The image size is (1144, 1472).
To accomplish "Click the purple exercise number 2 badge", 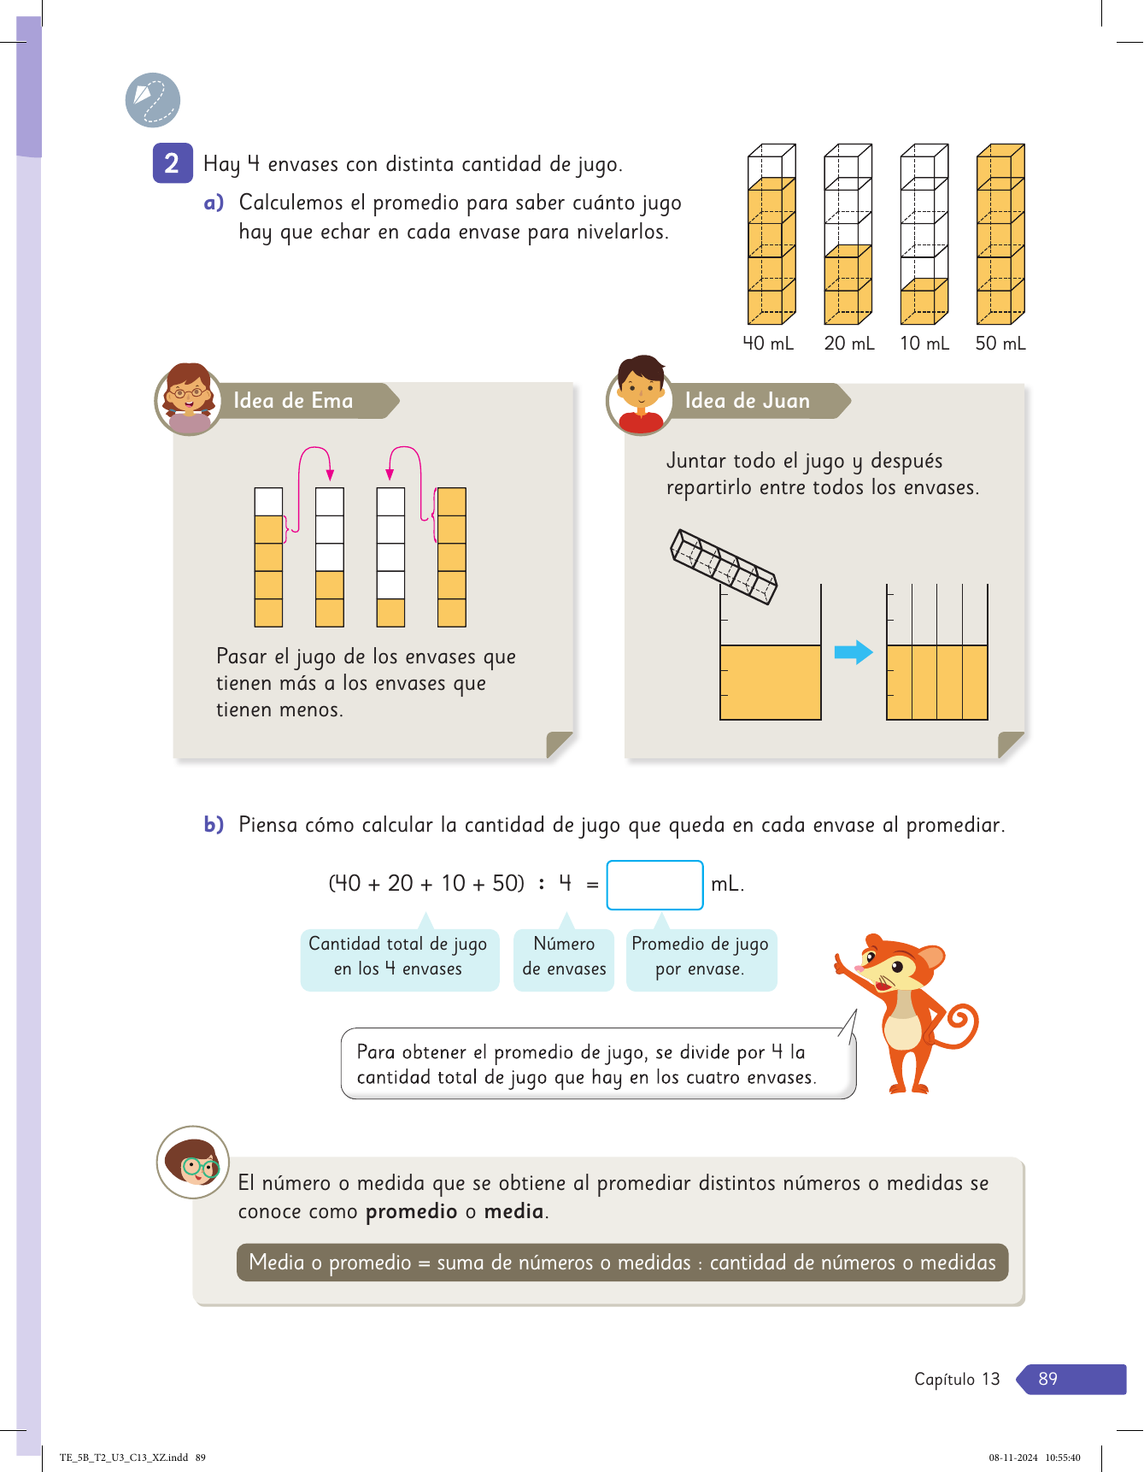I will coord(172,163).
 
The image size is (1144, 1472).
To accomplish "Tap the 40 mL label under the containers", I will coord(767,344).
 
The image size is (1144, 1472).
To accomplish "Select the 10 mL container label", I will coord(924,344).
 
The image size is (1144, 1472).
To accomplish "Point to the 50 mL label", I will coord(1000,344).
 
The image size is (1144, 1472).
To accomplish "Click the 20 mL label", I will coord(848,344).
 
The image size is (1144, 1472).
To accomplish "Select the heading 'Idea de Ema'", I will coord(293,401).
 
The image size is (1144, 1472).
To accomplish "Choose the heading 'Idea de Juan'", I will coord(747,401).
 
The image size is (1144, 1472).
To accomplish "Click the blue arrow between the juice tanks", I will coord(853,653).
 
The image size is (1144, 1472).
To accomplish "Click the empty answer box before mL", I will coord(654,885).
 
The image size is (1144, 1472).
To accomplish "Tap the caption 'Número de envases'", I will coord(564,957).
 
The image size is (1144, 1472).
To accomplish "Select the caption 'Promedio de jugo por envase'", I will coord(701,957).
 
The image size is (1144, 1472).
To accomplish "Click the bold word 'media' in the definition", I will coord(513,1211).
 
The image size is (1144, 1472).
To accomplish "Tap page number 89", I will coord(1047,1379).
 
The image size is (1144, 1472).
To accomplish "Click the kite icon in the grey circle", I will coord(152,100).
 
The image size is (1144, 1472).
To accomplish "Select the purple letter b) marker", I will coord(214,825).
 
